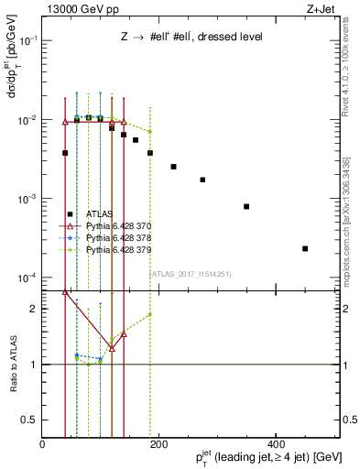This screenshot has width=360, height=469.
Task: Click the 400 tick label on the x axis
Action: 274,443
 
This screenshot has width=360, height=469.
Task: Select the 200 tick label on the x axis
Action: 158,443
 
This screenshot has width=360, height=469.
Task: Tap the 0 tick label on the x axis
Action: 42,443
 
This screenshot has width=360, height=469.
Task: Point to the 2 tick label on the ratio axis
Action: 33,309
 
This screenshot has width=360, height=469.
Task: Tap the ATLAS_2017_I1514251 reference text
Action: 191,273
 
